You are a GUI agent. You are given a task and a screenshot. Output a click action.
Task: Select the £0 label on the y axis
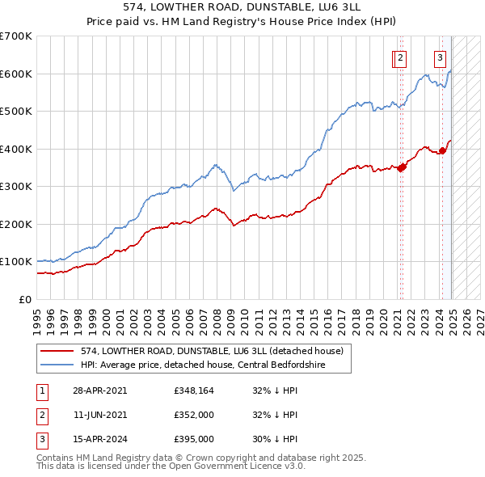25,299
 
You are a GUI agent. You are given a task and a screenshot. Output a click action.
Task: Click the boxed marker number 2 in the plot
401,57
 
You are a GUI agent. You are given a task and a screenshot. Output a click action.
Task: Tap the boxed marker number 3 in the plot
440,57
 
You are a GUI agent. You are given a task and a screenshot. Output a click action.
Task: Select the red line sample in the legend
57,351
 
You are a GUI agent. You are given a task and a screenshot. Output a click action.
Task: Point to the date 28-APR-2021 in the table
99,390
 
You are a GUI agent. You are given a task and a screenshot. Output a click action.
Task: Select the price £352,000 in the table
193,416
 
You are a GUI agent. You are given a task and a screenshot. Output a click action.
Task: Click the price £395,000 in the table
193,441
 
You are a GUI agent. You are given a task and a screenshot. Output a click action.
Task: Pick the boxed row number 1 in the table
41,390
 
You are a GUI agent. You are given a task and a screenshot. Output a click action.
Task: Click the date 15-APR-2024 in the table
99,441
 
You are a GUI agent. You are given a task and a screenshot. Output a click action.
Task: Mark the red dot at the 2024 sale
442,150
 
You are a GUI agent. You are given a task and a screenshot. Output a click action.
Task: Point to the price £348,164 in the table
193,390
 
